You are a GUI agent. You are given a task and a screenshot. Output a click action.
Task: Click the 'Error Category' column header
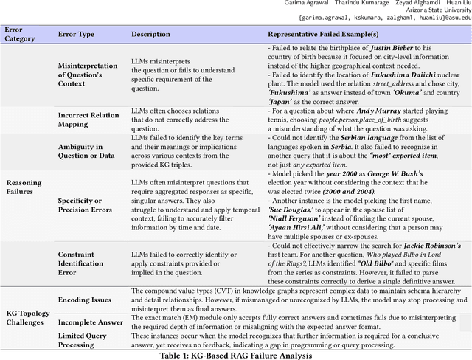(x=20, y=34)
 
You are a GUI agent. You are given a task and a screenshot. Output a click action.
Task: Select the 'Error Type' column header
(x=77, y=35)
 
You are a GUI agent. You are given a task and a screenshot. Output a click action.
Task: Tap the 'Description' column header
(x=150, y=35)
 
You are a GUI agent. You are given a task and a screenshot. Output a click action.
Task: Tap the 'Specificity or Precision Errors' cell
(x=85, y=204)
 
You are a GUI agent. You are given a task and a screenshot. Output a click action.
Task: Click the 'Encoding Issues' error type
(x=84, y=301)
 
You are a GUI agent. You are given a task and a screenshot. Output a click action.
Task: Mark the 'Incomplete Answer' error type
(x=90, y=322)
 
